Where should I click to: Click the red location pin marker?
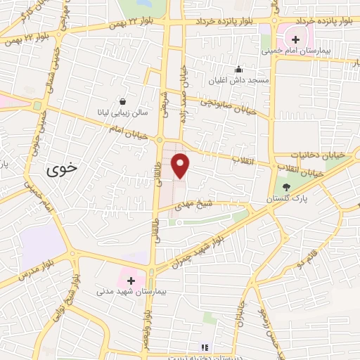pyautogui.click(x=181, y=165)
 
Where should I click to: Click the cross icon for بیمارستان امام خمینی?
pyautogui.click(x=296, y=39)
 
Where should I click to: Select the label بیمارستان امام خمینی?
pyautogui.click(x=290, y=51)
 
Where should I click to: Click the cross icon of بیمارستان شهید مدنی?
pyautogui.click(x=131, y=280)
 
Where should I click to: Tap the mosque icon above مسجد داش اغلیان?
pyautogui.click(x=238, y=69)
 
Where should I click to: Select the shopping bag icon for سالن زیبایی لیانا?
pyautogui.click(x=124, y=101)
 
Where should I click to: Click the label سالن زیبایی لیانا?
pyautogui.click(x=122, y=112)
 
